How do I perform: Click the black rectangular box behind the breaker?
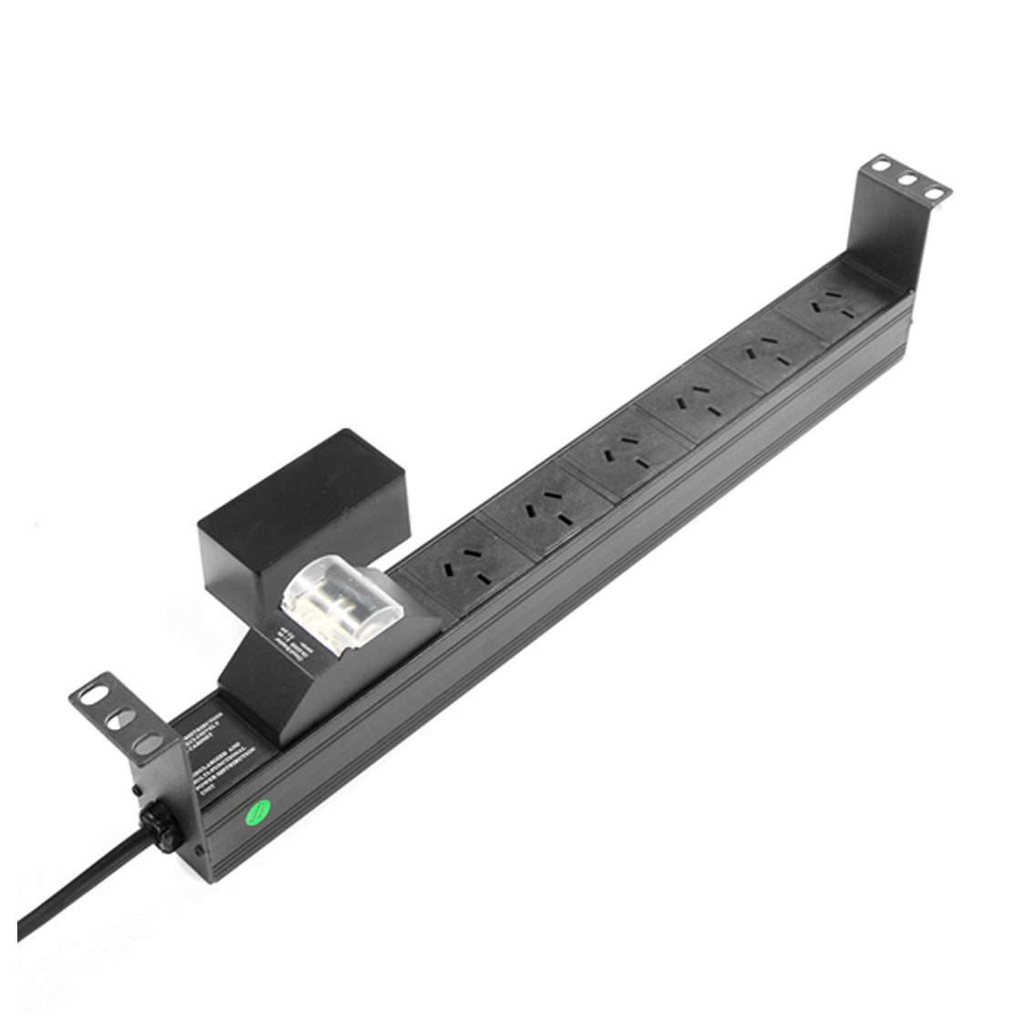301,510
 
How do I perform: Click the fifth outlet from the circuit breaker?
764,354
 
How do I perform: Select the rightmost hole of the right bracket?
933,192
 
